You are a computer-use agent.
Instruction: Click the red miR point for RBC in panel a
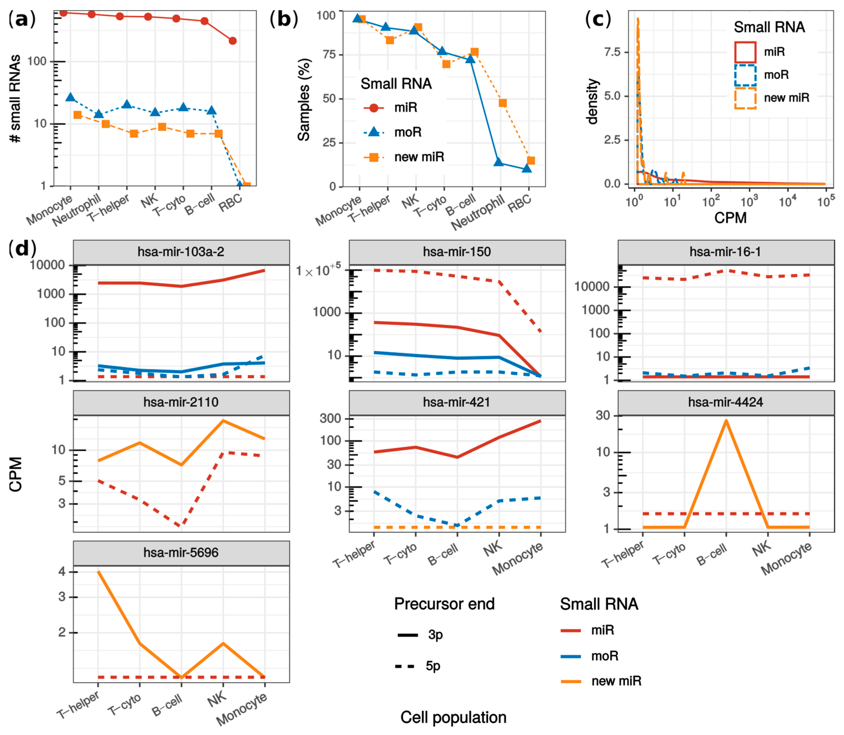pos(232,41)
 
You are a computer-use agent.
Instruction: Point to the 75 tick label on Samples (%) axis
pos(326,54)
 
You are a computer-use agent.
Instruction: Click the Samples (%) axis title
pos(304,100)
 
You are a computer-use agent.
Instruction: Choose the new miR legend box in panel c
pos(744,98)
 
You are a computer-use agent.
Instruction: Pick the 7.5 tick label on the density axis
pos(612,52)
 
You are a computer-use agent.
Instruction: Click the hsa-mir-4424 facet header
pos(725,402)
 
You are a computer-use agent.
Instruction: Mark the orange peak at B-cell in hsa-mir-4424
pos(726,421)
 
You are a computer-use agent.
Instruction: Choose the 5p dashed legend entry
pos(418,666)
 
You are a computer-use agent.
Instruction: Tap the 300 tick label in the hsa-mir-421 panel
pos(330,418)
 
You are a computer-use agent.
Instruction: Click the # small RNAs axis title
pos(15,98)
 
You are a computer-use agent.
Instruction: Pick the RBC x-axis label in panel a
pos(230,203)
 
